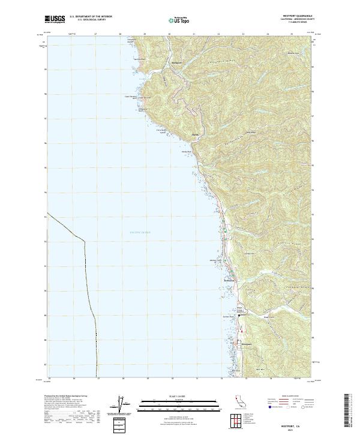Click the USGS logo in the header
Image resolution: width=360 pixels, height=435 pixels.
(x=56, y=19)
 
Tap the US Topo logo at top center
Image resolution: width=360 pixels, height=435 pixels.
(x=179, y=20)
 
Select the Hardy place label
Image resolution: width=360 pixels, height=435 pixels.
(x=194, y=134)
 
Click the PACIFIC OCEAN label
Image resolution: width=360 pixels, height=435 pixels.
(x=140, y=232)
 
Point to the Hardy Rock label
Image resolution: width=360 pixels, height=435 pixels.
(x=186, y=152)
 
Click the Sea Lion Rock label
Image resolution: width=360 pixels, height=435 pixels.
(x=139, y=59)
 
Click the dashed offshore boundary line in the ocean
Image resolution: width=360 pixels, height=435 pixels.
(x=85, y=264)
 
